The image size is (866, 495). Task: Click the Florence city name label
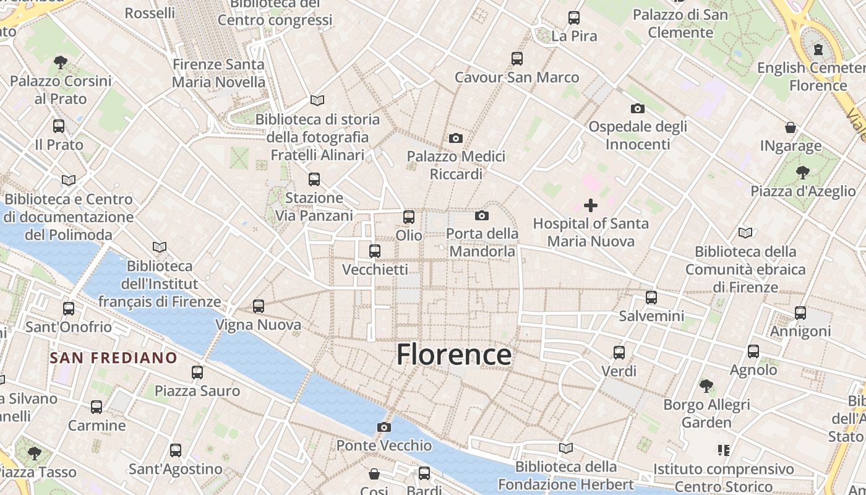pos(453,355)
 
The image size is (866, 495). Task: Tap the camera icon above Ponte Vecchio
pos(384,427)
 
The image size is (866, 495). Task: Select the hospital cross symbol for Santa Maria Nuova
pos(591,205)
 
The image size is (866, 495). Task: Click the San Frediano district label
pos(113,358)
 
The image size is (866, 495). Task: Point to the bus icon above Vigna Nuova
pos(259,306)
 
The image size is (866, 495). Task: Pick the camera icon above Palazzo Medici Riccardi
pos(456,138)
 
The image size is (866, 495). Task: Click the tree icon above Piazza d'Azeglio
pos(802,172)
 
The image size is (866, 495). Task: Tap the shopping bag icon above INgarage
pos(791,127)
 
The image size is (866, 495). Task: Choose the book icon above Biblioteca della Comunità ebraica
pos(745,233)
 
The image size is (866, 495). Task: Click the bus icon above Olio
pos(408,217)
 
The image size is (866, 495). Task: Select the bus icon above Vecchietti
pos(374,251)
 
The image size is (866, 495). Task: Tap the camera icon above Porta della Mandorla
pos(482,215)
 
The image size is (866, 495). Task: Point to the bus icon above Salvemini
pos(651,297)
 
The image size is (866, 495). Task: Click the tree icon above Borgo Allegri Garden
pos(706,386)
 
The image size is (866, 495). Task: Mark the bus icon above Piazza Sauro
pos(197,372)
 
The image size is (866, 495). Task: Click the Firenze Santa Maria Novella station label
pos(218,73)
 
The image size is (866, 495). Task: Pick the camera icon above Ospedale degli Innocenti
pos(638,108)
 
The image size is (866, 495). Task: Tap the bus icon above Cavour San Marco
pos(517,58)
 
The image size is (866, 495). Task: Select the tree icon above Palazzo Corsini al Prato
pos(60,62)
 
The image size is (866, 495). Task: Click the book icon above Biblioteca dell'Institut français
pos(160,247)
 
